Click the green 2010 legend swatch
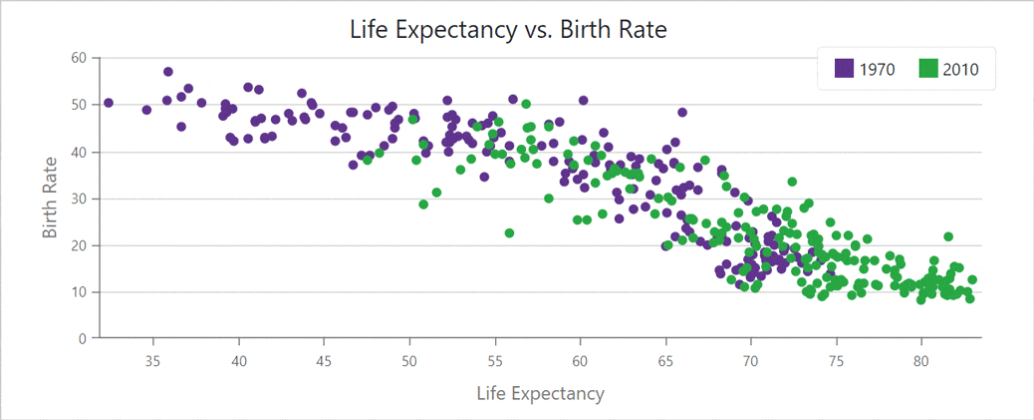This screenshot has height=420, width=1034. [928, 69]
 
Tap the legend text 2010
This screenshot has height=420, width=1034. [961, 69]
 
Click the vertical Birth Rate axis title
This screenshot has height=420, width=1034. [51, 199]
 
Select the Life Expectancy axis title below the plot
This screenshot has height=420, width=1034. [541, 393]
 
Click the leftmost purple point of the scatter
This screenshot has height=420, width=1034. [109, 103]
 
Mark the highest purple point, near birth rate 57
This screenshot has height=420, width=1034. [168, 72]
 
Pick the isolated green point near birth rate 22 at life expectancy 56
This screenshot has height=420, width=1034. [509, 233]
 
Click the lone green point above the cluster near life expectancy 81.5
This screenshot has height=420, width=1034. [948, 236]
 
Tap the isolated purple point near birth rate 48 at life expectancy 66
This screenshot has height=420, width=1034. [682, 113]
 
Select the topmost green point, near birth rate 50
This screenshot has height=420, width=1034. [526, 104]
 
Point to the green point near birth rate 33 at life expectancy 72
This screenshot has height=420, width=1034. [792, 182]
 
